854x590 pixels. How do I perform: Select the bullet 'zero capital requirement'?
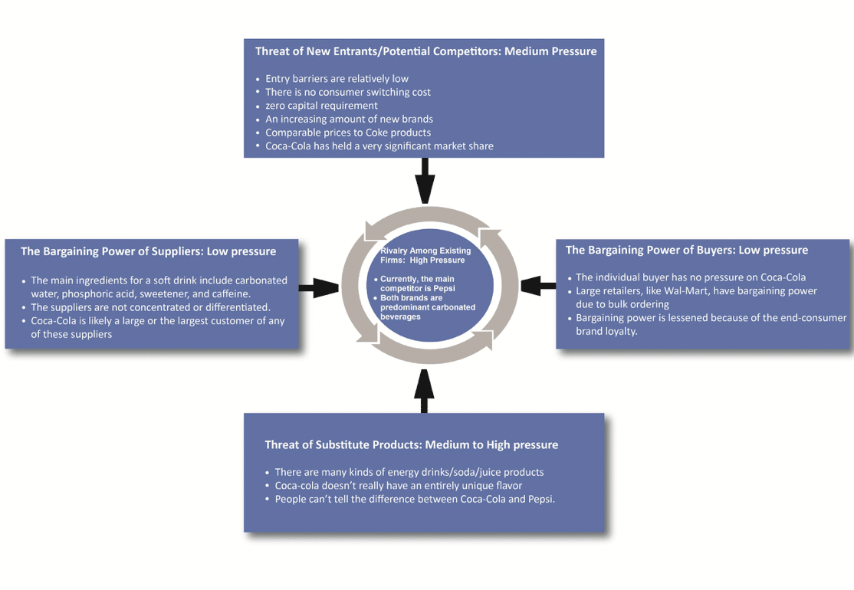(321, 106)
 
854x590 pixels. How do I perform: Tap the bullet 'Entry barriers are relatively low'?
(337, 79)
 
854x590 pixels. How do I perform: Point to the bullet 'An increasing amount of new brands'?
(349, 119)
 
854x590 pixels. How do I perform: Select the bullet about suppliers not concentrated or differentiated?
(150, 307)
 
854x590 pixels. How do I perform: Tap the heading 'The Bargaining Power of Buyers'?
(686, 250)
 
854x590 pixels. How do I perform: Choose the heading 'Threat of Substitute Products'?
(411, 445)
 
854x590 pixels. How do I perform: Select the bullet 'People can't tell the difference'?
(414, 499)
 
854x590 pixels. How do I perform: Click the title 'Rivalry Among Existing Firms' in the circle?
(426, 255)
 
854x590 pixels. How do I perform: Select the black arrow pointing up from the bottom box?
(424, 391)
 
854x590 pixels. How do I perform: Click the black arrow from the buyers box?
(538, 287)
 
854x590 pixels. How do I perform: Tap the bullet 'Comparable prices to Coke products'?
(347, 133)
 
